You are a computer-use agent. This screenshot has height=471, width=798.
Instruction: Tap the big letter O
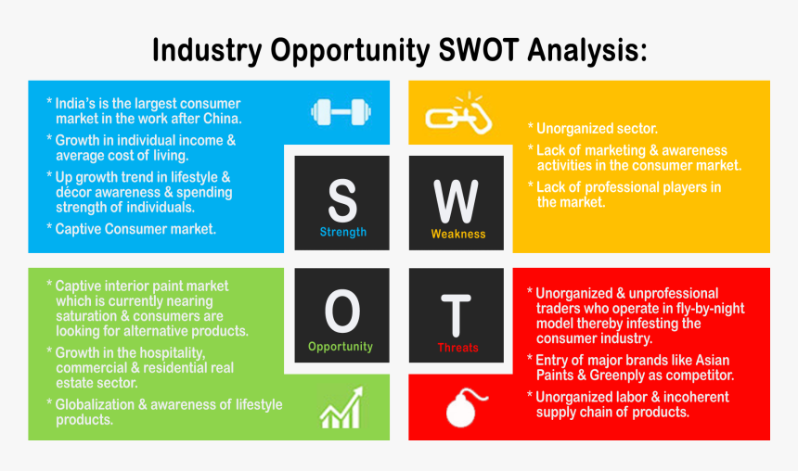[341, 312]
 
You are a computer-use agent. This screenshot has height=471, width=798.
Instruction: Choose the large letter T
[457, 314]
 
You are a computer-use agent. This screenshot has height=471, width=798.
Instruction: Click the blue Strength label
[342, 232]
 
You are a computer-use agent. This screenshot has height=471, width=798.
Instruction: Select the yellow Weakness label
[457, 234]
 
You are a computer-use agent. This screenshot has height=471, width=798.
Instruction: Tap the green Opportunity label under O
[341, 347]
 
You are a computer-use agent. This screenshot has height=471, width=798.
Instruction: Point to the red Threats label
[457, 348]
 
